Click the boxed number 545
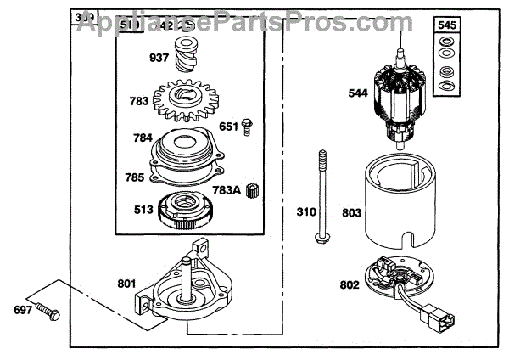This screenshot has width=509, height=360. click(447, 26)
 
